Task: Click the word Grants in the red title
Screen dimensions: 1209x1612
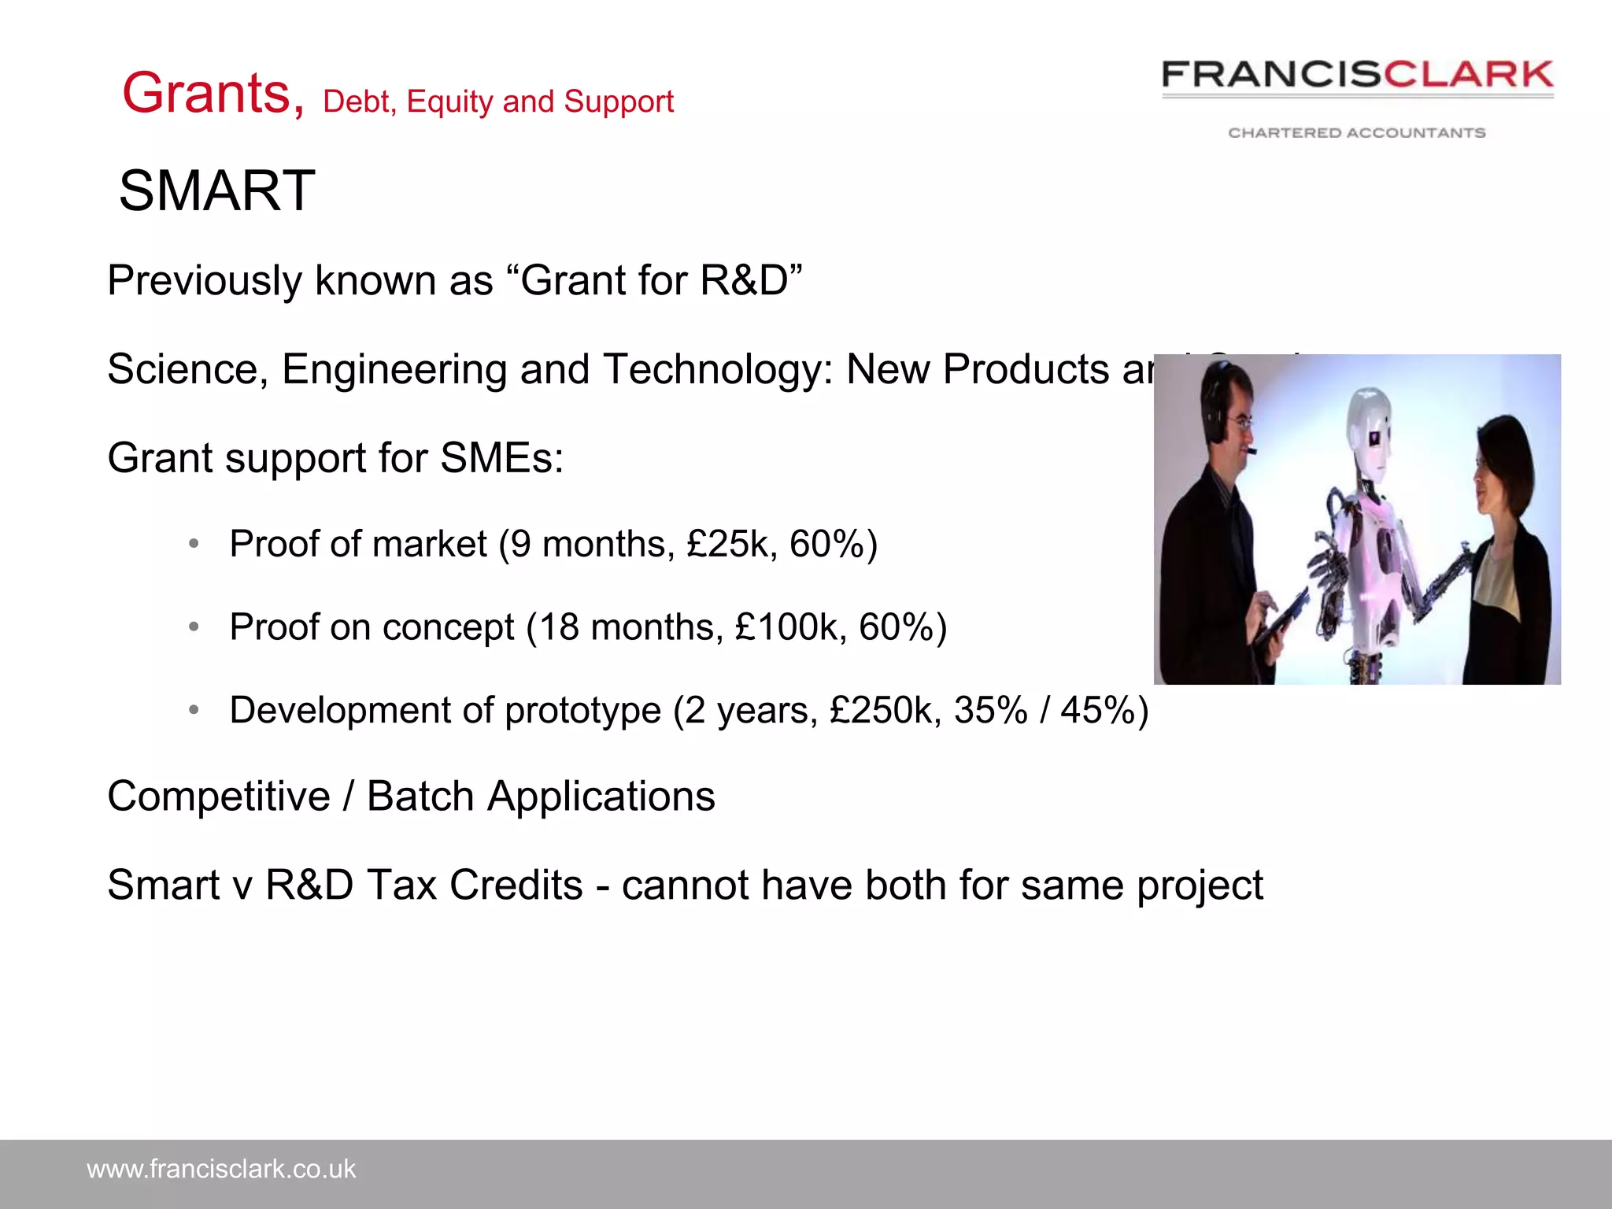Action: [x=206, y=94]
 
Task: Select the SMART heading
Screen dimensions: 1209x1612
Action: [x=217, y=191]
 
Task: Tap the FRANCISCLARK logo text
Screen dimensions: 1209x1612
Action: [x=1357, y=76]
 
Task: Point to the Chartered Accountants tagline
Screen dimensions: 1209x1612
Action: [x=1357, y=133]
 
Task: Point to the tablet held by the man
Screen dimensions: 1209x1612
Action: [x=1279, y=622]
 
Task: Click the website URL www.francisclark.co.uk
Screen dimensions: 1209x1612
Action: [x=221, y=1170]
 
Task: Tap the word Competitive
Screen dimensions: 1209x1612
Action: [x=219, y=797]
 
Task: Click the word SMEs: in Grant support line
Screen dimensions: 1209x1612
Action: [x=501, y=459]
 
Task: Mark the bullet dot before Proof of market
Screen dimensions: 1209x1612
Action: [x=194, y=544]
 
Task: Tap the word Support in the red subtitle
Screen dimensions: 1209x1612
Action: [x=619, y=102]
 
